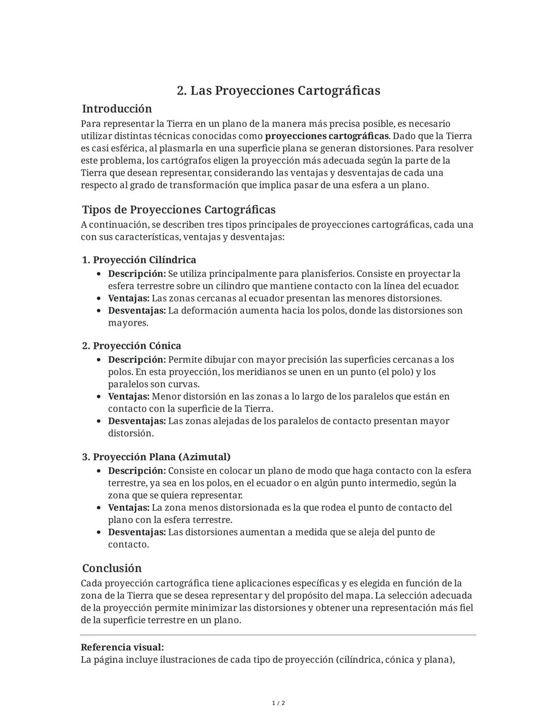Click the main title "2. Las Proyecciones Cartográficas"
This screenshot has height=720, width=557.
click(x=278, y=91)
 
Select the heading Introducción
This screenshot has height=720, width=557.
click(x=117, y=109)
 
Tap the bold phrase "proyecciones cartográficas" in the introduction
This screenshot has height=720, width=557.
click(x=326, y=136)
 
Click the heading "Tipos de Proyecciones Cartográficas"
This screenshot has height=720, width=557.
click(x=178, y=210)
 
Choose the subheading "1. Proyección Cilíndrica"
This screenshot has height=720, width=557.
click(x=139, y=260)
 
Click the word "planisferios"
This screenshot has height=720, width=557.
click(x=327, y=274)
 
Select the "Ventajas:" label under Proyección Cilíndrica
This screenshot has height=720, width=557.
click(x=128, y=298)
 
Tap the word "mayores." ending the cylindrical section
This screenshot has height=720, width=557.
click(x=128, y=323)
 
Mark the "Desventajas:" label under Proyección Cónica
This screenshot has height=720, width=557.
click(x=137, y=421)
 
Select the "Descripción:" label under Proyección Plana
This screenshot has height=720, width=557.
click(x=137, y=471)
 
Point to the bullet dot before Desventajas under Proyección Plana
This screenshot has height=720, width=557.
click(x=99, y=532)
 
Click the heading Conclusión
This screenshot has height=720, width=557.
click(x=112, y=568)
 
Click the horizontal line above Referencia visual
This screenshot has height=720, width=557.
click(x=278, y=635)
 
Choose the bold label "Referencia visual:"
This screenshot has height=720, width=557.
click(x=122, y=647)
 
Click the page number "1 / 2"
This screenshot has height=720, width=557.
click(x=278, y=704)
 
